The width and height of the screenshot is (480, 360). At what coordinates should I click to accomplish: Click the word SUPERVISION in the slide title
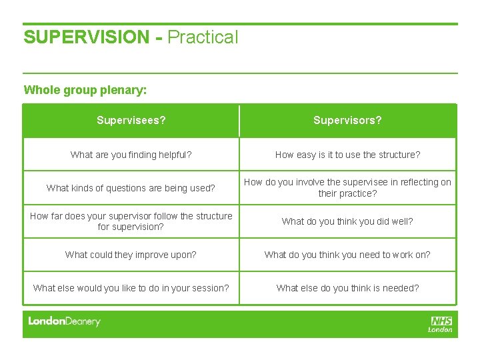[x=87, y=37]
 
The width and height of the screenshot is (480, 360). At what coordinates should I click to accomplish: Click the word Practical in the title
[x=203, y=37]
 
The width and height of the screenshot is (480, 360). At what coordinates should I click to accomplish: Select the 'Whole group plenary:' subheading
[x=85, y=89]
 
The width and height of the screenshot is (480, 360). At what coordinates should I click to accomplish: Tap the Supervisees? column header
[x=131, y=121]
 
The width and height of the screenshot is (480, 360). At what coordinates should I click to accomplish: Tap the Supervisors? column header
[x=347, y=121]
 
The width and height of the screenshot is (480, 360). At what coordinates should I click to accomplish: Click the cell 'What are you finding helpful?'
[x=131, y=155]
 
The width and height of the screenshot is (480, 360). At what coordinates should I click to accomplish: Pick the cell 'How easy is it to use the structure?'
[x=347, y=155]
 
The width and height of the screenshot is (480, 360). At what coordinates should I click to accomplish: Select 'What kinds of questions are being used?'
[x=131, y=188]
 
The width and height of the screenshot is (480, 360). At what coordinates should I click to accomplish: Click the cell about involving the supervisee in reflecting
[x=347, y=188]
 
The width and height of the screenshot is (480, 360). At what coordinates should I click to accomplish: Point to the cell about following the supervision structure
[x=131, y=221]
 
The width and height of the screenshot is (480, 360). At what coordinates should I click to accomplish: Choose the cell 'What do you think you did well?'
[x=347, y=221]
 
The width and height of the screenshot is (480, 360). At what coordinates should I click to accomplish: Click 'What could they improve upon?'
[x=131, y=255]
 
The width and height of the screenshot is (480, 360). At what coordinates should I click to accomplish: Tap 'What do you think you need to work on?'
[x=347, y=255]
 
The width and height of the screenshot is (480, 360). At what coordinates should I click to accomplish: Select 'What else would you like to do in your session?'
[x=131, y=288]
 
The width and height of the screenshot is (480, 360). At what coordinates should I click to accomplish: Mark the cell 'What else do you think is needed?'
[x=347, y=288]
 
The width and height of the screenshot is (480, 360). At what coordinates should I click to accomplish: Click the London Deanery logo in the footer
[x=64, y=321]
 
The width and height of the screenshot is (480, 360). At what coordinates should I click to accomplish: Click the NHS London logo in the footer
[x=441, y=324]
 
